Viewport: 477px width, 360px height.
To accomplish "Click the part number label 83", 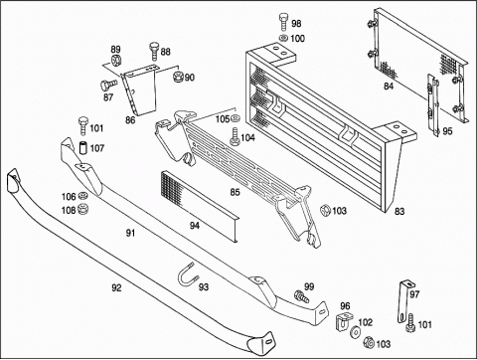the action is (399, 211).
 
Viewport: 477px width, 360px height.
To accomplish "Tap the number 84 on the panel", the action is (389, 87).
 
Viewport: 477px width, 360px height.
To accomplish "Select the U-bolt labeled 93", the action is (189, 277).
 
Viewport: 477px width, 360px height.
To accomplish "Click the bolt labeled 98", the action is (283, 22).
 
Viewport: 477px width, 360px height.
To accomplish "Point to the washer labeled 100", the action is (283, 38).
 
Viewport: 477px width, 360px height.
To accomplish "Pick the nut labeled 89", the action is (115, 61).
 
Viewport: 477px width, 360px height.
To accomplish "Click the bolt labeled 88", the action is (154, 52).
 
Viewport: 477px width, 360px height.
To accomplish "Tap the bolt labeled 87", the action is (108, 85).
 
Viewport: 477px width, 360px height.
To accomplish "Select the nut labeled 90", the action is (178, 78).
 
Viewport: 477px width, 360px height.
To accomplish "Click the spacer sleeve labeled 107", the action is (82, 148).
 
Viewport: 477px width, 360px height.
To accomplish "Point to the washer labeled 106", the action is (82, 196).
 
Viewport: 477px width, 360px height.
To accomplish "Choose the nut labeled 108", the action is (82, 209).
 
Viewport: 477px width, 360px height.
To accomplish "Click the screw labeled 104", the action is (235, 136).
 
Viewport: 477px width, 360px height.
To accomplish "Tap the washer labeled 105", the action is (236, 117).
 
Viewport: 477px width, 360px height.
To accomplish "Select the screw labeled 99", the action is (302, 296).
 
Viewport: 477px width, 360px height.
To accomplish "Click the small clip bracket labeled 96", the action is (342, 321).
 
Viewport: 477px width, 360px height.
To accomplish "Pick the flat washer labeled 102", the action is (356, 331).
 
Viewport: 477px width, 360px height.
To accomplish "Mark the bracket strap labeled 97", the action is (404, 301).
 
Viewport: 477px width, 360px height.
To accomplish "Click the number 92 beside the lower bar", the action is (116, 288).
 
